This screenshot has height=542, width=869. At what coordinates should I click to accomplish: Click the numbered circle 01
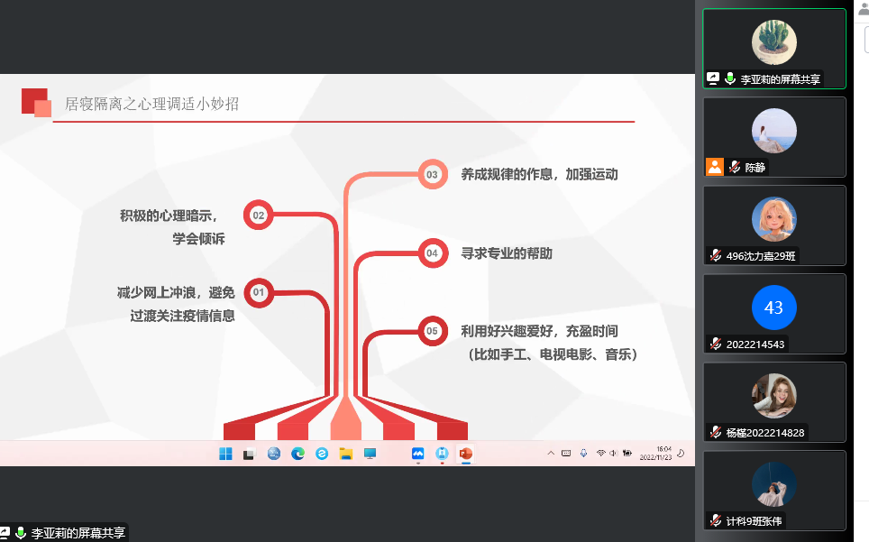[258, 292]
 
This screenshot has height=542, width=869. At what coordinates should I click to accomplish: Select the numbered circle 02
[258, 215]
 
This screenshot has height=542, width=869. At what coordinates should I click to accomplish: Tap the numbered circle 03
[433, 175]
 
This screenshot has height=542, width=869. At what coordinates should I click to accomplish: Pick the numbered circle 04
[433, 253]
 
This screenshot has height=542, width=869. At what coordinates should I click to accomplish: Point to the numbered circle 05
[433, 331]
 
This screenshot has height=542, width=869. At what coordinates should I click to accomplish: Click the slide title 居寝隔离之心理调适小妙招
[151, 105]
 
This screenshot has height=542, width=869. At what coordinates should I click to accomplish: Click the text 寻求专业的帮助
[507, 253]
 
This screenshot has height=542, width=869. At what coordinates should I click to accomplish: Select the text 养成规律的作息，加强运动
[539, 175]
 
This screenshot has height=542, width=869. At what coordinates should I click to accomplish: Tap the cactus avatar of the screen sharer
[773, 42]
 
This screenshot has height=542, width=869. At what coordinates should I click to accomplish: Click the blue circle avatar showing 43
[773, 308]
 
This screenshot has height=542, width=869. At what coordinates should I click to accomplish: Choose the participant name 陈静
[755, 168]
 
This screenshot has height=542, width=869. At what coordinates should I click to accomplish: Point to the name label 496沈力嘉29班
[761, 256]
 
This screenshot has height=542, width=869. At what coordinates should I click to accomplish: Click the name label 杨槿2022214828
[764, 433]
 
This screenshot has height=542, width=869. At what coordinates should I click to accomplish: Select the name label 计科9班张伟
[754, 521]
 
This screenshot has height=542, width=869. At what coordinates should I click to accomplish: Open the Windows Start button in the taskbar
[225, 454]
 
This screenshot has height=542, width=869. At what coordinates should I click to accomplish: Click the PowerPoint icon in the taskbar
[465, 454]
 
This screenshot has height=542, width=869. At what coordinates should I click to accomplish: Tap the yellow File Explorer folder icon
[346, 454]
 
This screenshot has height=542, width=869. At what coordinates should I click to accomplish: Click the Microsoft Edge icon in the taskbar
[297, 454]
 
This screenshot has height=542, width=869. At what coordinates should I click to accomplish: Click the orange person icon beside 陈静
[714, 167]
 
